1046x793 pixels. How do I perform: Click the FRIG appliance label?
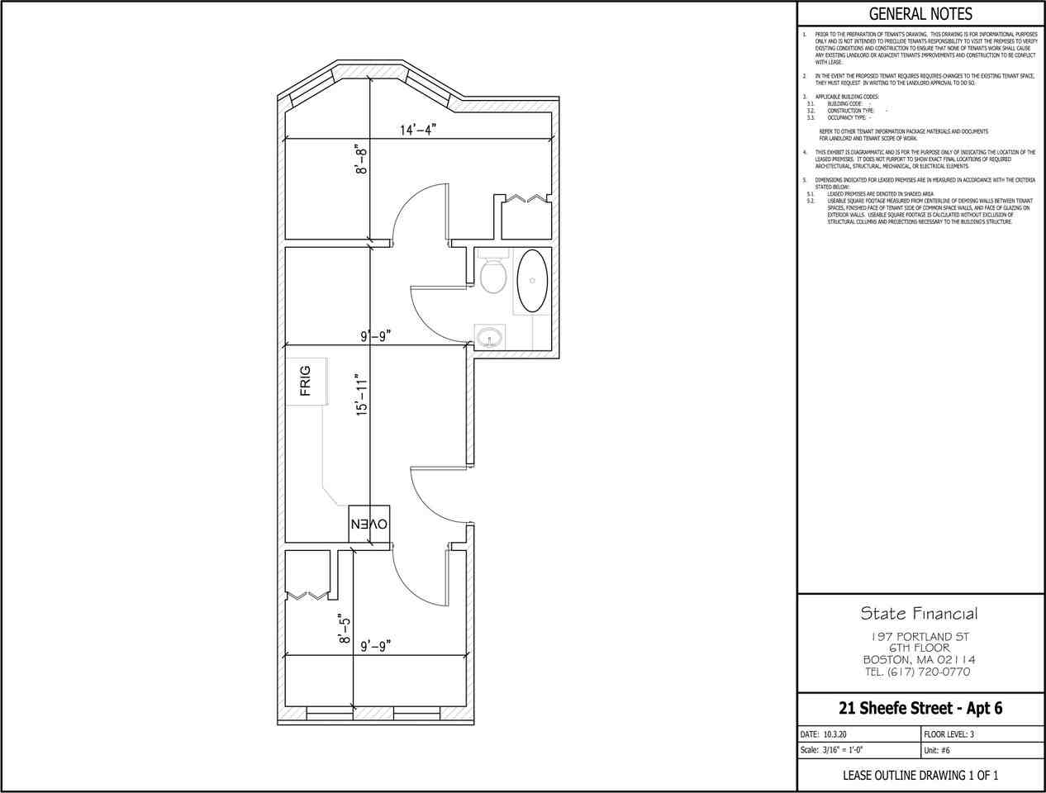[x=306, y=381]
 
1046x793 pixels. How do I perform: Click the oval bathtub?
[x=531, y=281]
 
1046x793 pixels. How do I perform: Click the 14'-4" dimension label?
[x=417, y=130]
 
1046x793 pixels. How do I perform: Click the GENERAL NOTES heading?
[x=920, y=14]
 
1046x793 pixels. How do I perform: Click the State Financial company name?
[x=920, y=613]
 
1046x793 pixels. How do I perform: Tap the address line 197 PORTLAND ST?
[x=920, y=637]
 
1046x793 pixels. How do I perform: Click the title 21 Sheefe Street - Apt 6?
[x=920, y=708]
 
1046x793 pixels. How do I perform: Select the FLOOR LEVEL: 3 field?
[x=949, y=734]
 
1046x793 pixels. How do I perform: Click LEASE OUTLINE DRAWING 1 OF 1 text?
[x=920, y=775]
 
